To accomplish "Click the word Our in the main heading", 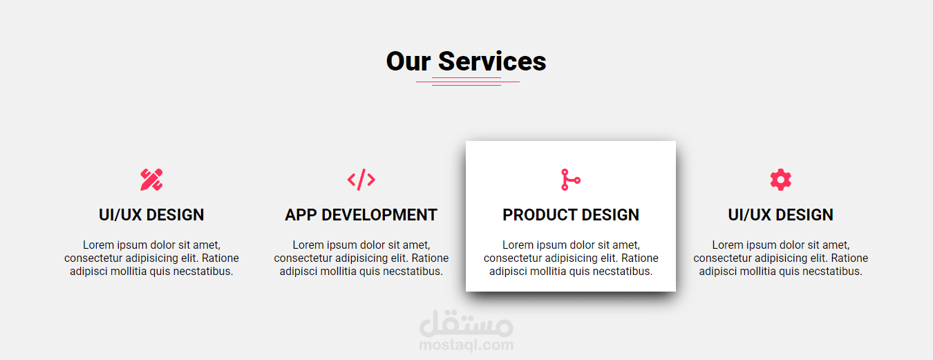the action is point(408,61).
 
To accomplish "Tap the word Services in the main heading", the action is point(492,61).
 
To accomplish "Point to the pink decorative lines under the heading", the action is point(467,82).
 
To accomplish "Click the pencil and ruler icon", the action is point(151,180).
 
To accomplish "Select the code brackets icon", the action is point(361,180).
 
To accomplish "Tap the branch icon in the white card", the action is point(571,180).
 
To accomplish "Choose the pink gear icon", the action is point(780,180).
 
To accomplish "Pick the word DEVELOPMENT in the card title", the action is point(379,215).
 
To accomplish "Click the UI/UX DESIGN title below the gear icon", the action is point(780,215).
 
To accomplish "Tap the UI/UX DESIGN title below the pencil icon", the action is point(151,215).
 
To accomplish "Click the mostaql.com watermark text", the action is point(466,345).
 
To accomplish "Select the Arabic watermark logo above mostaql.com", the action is point(466,323).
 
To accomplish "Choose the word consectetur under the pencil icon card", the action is point(93,258).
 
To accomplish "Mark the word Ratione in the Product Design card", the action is point(640,258).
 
